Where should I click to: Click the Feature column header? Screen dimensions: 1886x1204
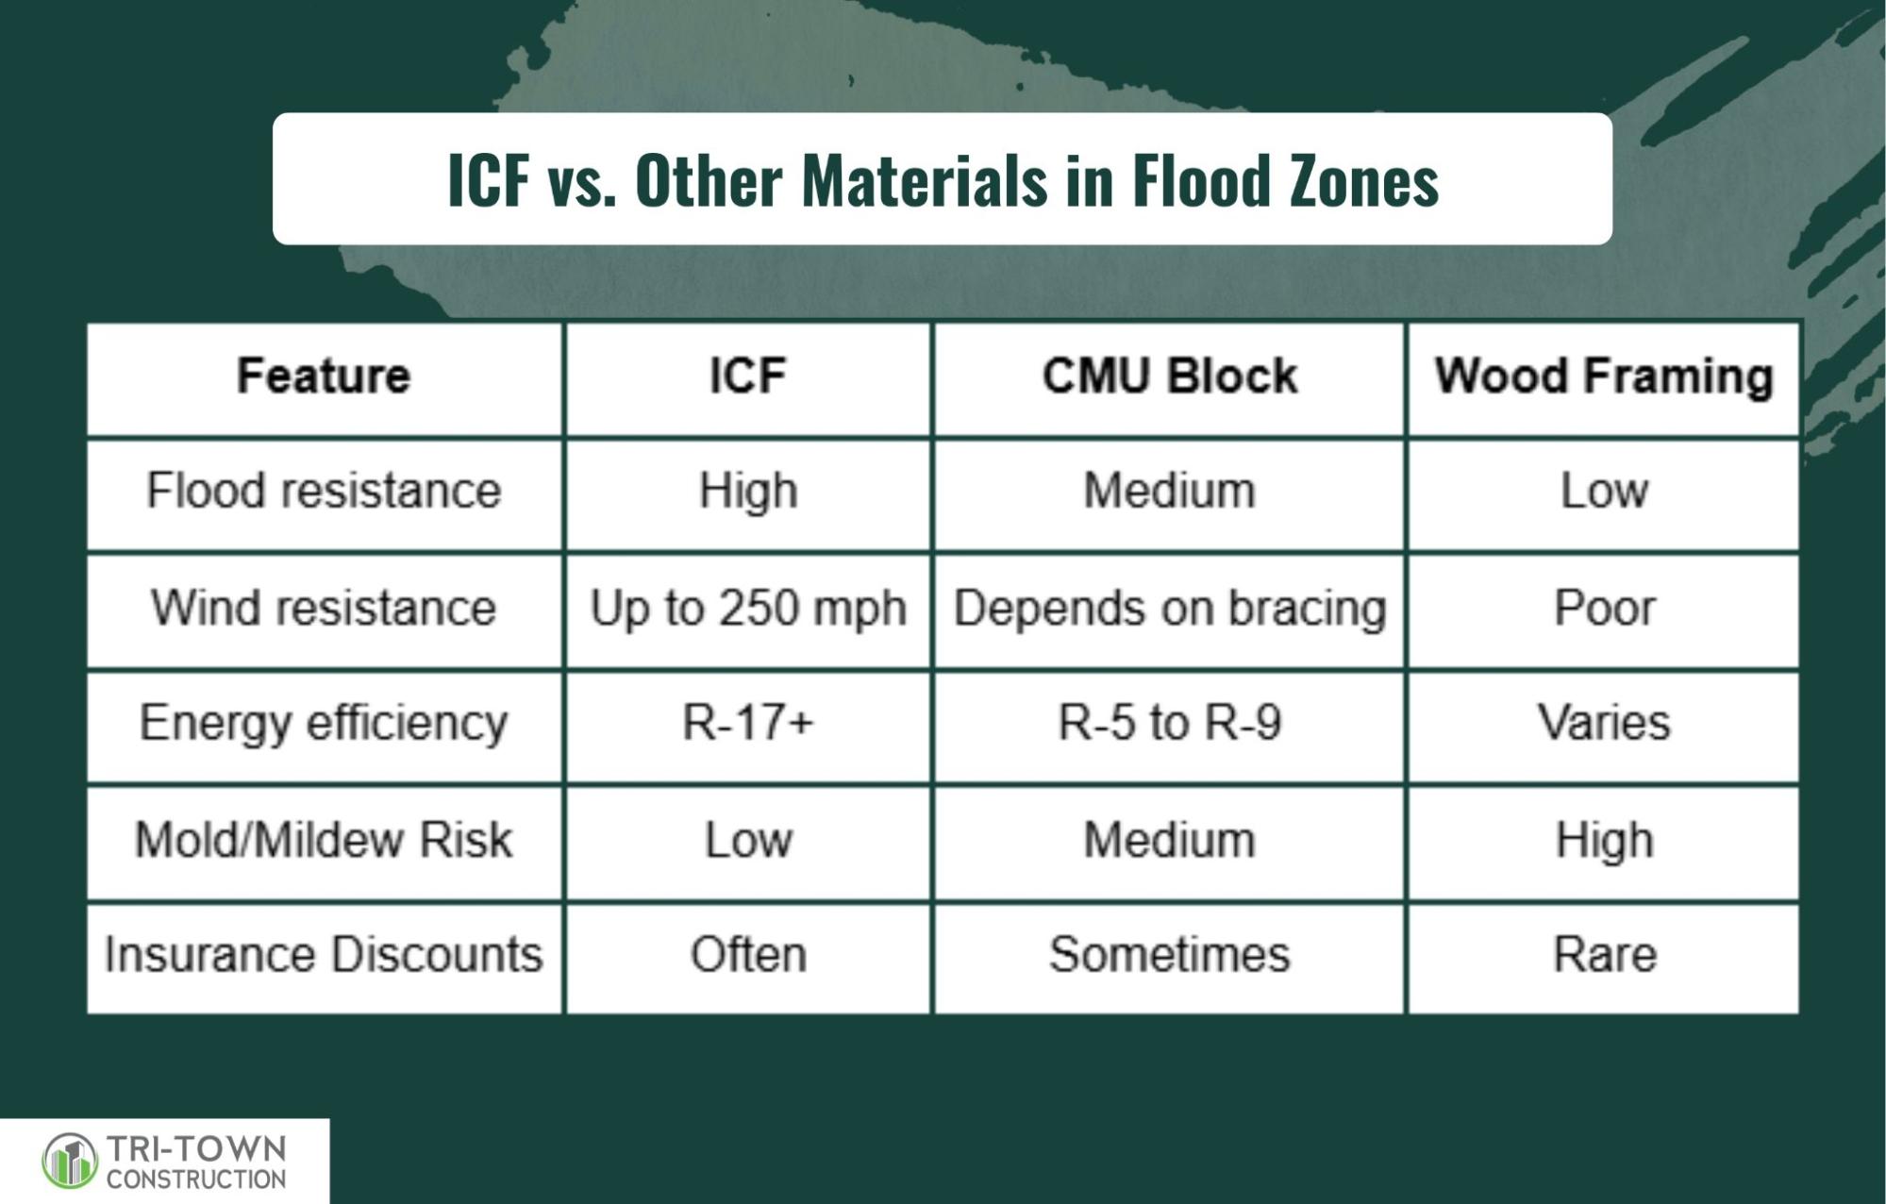[x=324, y=376]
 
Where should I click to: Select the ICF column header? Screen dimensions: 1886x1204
[x=747, y=376]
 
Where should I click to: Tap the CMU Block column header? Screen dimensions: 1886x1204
[x=1169, y=376]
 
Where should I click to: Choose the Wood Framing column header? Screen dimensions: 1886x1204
[x=1604, y=377]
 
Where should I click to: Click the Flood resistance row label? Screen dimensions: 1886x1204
[x=324, y=491]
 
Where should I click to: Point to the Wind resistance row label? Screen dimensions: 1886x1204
[x=324, y=607]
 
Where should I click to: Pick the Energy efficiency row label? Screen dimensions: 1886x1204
[x=324, y=724]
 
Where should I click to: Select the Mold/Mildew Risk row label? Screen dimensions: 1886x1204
[x=324, y=840]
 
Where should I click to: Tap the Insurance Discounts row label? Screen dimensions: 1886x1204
[x=324, y=954]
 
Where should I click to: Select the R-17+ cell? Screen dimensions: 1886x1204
[x=747, y=723]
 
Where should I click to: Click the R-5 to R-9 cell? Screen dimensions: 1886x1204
[x=1169, y=723]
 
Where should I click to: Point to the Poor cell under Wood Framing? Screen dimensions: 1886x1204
[x=1604, y=607]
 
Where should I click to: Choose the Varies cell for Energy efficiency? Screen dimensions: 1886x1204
[x=1604, y=723]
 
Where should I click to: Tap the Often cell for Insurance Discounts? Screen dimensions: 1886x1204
[x=747, y=954]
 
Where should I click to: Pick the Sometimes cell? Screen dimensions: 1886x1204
[x=1169, y=954]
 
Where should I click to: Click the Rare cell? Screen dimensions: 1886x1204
[x=1604, y=954]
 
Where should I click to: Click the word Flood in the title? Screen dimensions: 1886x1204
[x=1200, y=179]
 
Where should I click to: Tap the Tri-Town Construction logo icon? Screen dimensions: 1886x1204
[x=70, y=1162]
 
